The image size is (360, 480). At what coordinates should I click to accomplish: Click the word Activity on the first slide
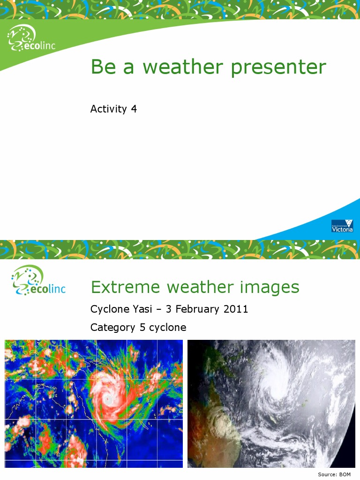108,109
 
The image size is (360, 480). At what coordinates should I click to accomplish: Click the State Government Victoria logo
342,226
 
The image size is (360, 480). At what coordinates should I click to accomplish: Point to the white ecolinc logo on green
30,39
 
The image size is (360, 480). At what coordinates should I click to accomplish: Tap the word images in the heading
270,286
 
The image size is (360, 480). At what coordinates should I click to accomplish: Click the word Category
113,327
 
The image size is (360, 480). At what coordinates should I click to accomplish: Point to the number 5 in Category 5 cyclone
142,327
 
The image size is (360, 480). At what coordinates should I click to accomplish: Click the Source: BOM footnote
334,474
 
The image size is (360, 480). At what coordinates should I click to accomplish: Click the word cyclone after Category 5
167,327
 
